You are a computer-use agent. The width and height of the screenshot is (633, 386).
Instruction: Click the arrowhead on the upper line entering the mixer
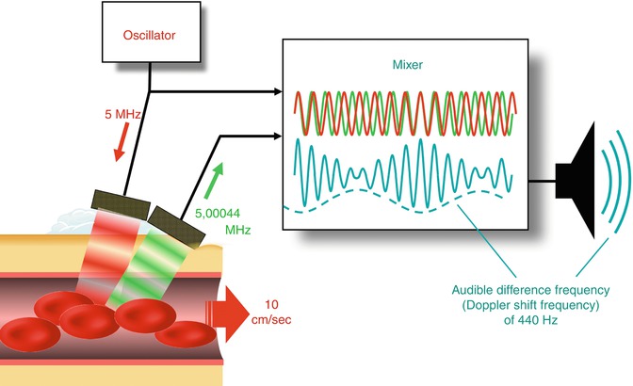click(x=280, y=92)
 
